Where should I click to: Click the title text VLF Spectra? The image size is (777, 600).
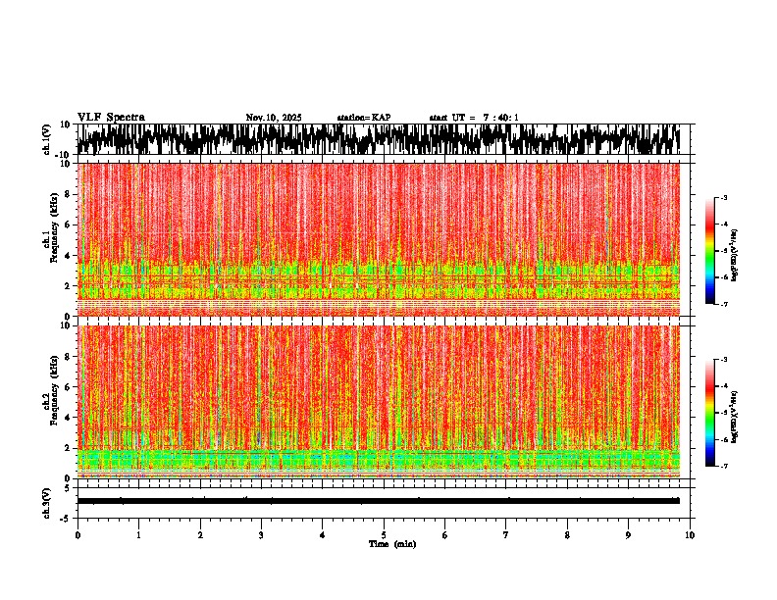point(111,118)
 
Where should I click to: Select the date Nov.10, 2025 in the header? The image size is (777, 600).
point(274,118)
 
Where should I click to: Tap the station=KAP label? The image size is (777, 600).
point(363,118)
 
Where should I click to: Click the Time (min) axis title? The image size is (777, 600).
point(391,543)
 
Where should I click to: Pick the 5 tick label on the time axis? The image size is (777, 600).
point(384,535)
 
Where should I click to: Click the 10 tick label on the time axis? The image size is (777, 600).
point(690,535)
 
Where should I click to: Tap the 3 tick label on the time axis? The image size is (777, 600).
point(261,535)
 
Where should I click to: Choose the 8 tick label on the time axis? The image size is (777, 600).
point(567,535)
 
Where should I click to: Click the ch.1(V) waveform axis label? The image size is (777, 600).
point(47,139)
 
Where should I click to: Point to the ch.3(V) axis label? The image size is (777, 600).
point(47,501)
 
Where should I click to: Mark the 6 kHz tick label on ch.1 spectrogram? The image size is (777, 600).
point(69,225)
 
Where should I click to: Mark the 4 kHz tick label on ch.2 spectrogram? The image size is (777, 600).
point(69,418)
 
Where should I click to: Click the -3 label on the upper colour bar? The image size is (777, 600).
point(723,198)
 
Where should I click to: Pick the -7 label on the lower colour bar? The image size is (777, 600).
point(723,467)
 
